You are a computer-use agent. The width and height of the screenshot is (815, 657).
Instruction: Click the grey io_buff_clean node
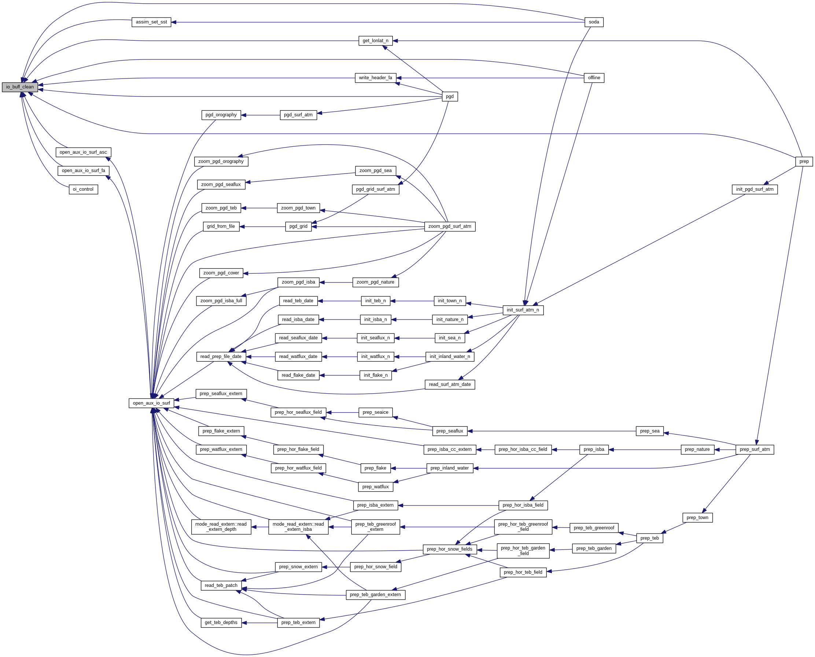[x=20, y=87]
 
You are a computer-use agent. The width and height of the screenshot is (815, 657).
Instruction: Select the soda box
[x=594, y=22]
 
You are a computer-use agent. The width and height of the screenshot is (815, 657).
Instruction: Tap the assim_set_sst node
[x=151, y=22]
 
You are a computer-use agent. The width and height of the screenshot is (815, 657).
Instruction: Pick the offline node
[x=594, y=78]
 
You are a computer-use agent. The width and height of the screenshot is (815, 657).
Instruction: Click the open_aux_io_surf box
[x=151, y=403]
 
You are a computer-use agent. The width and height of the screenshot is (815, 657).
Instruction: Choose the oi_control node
[x=83, y=190]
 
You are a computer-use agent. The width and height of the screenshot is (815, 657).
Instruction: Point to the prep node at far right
[x=804, y=162]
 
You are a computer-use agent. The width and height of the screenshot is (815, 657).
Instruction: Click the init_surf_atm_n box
[x=523, y=310]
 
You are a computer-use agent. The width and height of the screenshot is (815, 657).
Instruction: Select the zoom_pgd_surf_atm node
[x=450, y=227]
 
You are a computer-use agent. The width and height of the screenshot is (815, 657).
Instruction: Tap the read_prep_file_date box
[x=221, y=357]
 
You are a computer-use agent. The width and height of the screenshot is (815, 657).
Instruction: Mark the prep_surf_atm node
[x=755, y=450]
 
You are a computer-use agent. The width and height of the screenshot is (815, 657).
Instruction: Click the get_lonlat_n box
[x=375, y=41]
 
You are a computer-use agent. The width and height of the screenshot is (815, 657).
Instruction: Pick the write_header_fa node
[x=375, y=78]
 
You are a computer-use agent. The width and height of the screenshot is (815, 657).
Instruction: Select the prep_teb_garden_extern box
[x=375, y=595]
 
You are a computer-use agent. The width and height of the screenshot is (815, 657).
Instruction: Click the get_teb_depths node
[x=221, y=623]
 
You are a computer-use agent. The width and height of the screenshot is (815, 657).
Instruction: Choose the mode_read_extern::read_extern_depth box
[x=221, y=527]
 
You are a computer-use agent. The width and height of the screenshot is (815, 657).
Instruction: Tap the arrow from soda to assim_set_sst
[x=378, y=22]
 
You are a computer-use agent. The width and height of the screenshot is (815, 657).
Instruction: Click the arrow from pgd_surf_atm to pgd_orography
[x=261, y=115]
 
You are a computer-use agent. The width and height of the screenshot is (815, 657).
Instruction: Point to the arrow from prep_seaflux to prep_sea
[x=552, y=431]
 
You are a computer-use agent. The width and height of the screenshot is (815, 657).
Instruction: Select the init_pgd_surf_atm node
[x=755, y=190]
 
